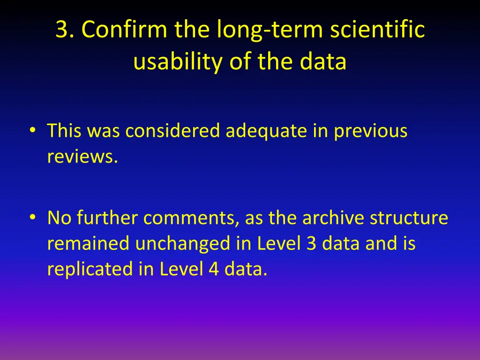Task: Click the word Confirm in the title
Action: coord(124,30)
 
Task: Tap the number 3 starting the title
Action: coord(61,30)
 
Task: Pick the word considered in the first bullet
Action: coord(172,131)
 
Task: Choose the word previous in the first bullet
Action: coord(370,131)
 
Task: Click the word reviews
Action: coord(82,157)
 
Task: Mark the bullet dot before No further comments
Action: coord(32,217)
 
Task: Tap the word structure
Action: coord(409,217)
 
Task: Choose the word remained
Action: coord(89,244)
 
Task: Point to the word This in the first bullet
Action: coord(64,131)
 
